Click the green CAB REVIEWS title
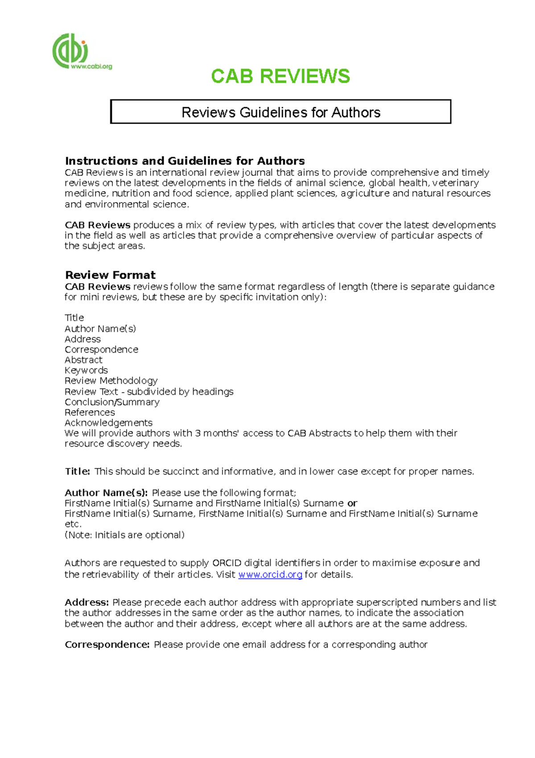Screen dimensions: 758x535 tap(280, 76)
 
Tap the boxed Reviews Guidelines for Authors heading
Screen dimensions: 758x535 tap(280, 112)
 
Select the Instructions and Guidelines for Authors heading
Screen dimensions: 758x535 tap(185, 161)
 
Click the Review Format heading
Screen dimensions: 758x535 tap(110, 275)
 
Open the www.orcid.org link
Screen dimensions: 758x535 tap(270, 575)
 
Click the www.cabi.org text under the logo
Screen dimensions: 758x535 tap(91, 67)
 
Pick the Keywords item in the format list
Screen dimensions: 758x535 tap(86, 371)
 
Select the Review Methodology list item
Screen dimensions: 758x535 tap(111, 381)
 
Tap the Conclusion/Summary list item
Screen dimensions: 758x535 tap(112, 402)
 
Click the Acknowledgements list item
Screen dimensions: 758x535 tap(108, 423)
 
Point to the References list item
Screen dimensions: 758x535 tap(90, 412)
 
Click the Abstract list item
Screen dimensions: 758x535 tap(83, 360)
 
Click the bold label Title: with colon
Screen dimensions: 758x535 tap(78, 471)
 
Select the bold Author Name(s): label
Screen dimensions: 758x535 tap(106, 493)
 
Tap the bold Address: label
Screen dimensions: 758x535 tap(86, 603)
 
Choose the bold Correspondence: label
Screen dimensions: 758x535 tap(107, 645)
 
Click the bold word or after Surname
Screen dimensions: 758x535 tap(352, 504)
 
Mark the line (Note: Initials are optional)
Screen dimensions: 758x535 tap(124, 535)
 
